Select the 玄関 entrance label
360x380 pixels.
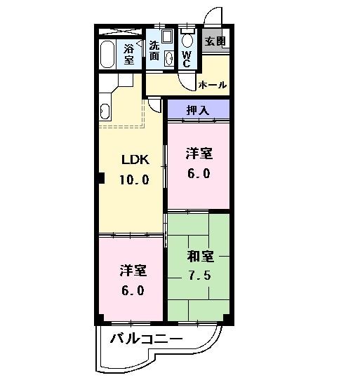(215, 41)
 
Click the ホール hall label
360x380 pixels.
(213, 85)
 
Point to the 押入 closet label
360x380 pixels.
(197, 109)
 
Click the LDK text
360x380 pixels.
(135, 159)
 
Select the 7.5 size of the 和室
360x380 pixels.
(200, 274)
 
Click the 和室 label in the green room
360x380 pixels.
(200, 256)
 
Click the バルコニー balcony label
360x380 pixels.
(147, 340)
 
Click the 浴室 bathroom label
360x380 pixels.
(128, 54)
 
